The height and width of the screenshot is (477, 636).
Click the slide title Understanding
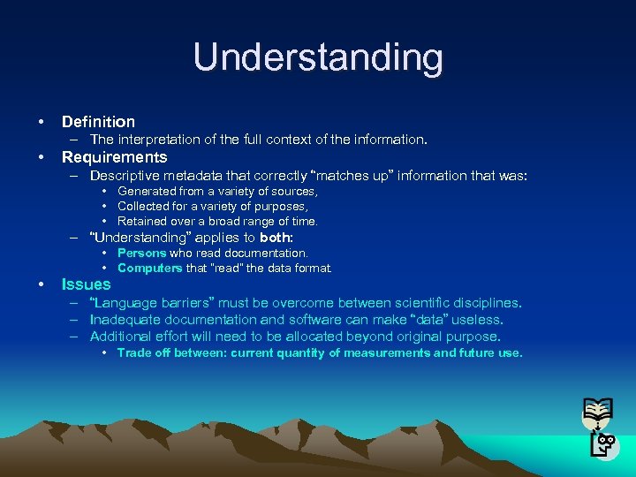318,57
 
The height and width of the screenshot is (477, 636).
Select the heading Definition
98,122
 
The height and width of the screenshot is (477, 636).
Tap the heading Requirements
114,157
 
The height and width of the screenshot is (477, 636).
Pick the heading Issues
86,284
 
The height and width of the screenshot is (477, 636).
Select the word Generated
147,191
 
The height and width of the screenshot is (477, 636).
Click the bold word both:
276,238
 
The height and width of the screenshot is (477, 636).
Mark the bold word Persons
141,253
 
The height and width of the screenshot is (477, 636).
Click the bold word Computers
149,268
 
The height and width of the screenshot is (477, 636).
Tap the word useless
476,320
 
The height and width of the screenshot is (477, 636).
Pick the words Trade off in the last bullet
142,352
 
